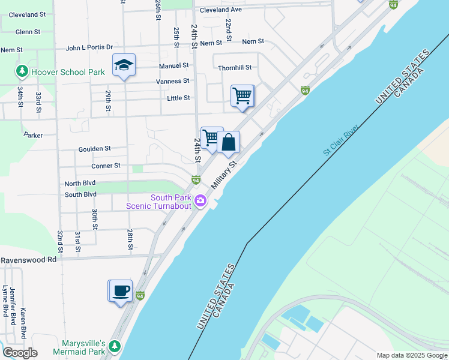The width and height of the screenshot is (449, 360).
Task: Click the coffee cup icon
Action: click(x=120, y=291)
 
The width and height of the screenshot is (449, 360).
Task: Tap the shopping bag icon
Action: click(x=228, y=143)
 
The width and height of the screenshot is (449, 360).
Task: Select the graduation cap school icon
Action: click(x=124, y=65)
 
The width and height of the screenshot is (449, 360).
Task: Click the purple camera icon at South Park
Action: click(x=200, y=202)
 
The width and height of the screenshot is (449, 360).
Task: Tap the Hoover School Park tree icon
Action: click(x=22, y=72)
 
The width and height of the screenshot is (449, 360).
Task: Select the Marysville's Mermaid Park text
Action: click(x=79, y=347)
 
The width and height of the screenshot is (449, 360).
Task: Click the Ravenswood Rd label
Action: click(x=28, y=260)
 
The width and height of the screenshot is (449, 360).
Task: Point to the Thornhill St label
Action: click(x=235, y=68)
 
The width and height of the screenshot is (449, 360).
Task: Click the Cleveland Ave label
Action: click(x=220, y=10)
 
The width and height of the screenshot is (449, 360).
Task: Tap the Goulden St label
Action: click(x=94, y=149)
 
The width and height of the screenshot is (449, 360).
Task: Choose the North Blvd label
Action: click(x=80, y=184)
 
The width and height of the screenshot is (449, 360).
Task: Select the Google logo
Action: click(x=20, y=353)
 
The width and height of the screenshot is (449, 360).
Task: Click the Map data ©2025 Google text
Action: click(x=411, y=355)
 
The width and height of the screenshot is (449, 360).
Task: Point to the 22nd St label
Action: click(x=229, y=25)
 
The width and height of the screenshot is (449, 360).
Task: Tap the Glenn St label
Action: click(x=28, y=32)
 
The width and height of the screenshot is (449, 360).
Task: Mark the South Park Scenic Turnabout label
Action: click(x=162, y=202)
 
